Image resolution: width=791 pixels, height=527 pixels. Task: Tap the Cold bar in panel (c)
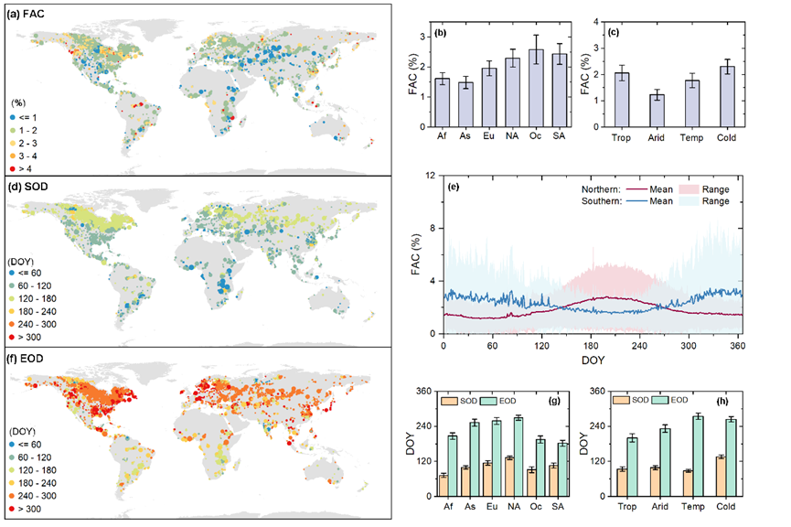[726, 96]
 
